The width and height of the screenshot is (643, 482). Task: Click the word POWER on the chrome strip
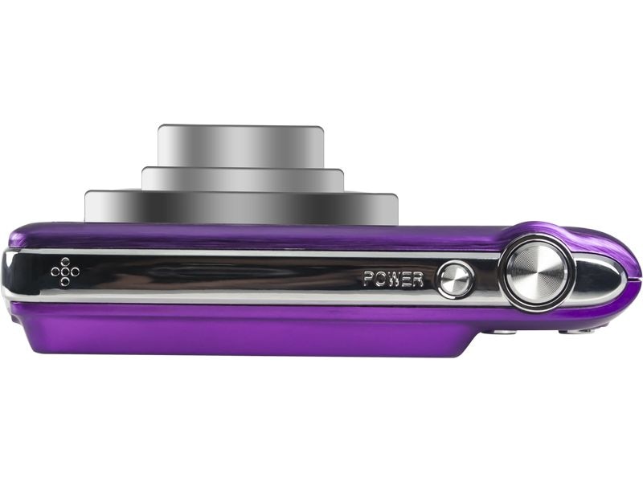(393, 280)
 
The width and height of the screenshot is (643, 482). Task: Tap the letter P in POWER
(369, 280)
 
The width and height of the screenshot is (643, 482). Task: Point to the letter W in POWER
(394, 280)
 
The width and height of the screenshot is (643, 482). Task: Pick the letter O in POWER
(380, 280)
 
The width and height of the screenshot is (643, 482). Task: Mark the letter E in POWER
(406, 280)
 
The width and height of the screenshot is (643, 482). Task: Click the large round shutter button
(538, 272)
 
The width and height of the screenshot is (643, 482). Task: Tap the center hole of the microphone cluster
(64, 272)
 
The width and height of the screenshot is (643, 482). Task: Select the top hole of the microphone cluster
(64, 263)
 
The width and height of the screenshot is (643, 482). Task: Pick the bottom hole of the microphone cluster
(64, 282)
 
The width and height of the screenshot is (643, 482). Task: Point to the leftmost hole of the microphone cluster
(55, 272)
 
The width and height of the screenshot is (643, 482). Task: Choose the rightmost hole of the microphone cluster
(75, 272)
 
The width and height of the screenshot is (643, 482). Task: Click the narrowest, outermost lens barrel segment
(240, 145)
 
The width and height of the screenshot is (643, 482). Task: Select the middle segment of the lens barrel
(242, 179)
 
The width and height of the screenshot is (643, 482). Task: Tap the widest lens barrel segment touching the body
(241, 207)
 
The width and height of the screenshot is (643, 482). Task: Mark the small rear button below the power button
(503, 330)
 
